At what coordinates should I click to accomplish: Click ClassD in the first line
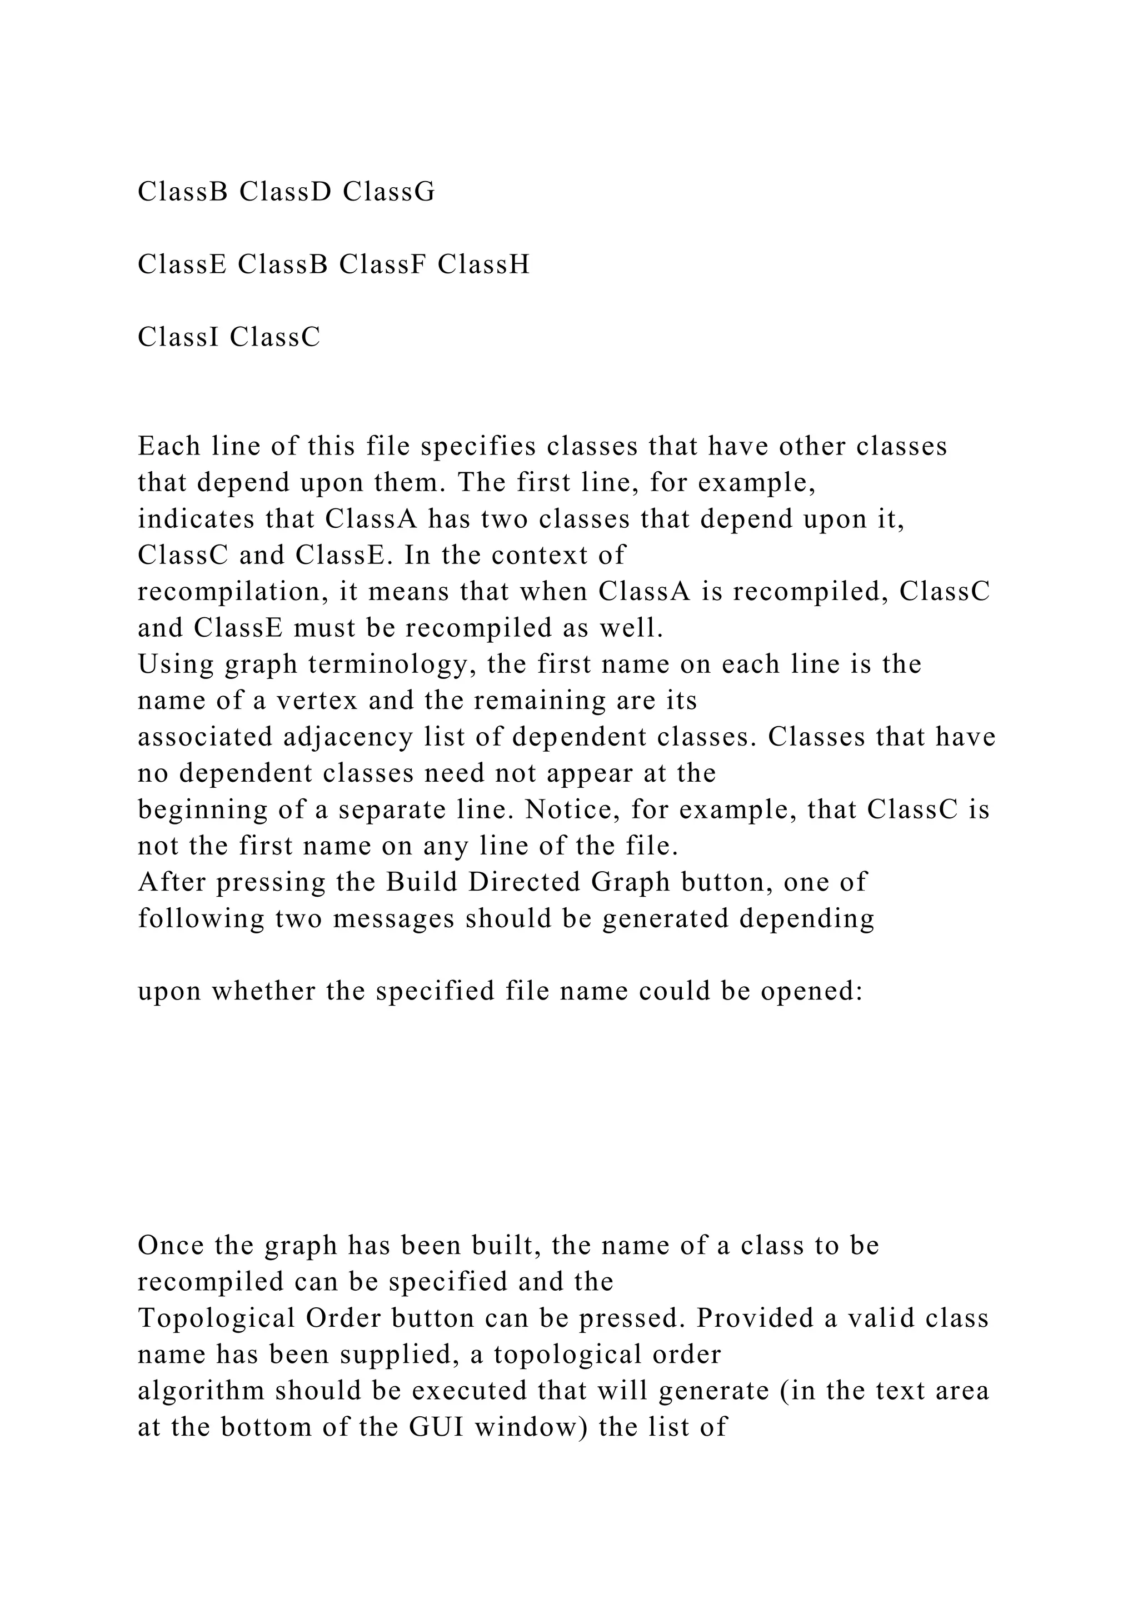click(x=284, y=191)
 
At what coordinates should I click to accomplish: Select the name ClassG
click(x=389, y=191)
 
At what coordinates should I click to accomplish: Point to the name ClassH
click(x=483, y=264)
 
